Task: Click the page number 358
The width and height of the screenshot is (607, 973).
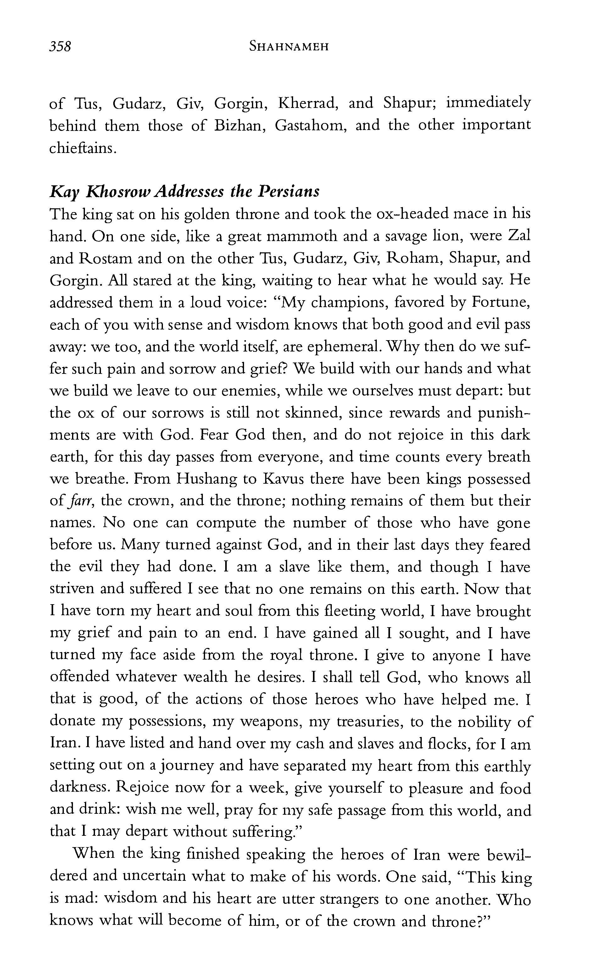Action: (60, 47)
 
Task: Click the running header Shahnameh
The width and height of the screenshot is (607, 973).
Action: (289, 47)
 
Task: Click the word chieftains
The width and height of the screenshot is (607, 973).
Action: (82, 148)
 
